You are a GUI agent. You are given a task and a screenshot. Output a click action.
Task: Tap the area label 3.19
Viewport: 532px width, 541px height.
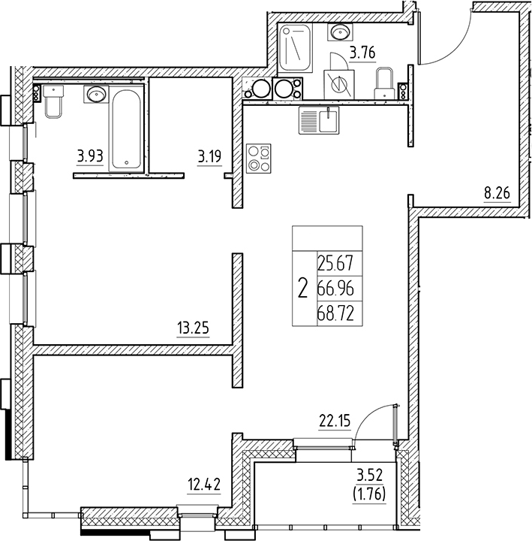(x=209, y=157)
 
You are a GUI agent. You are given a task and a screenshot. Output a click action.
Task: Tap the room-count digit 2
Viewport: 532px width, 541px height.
(x=302, y=287)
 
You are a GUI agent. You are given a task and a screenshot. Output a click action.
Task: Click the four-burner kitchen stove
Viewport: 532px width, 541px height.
(x=258, y=159)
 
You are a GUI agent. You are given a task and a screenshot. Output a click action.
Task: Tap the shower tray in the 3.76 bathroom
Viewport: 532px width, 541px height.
(x=291, y=49)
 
